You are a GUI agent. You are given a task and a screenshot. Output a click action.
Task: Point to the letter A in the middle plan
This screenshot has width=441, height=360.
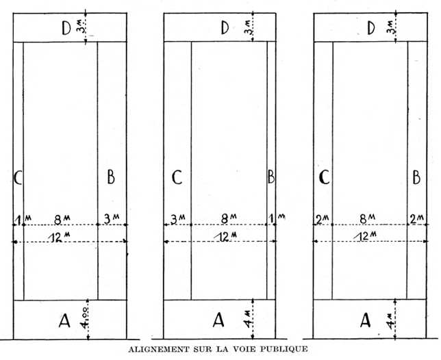(218, 320)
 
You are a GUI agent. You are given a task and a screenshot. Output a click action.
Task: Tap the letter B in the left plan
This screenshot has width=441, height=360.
(110, 178)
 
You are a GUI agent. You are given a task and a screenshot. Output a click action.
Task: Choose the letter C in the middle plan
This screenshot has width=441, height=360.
(177, 178)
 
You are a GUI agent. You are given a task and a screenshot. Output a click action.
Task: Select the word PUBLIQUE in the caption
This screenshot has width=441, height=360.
(280, 349)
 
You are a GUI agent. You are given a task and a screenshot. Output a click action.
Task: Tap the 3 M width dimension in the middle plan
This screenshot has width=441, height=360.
(177, 219)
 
